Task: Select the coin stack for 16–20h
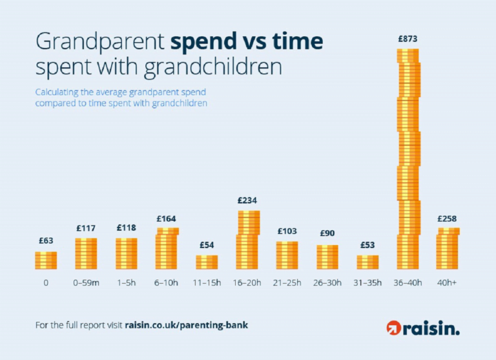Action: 247,240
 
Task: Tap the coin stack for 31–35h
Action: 368,262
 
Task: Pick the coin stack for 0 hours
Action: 46,260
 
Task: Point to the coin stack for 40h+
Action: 448,248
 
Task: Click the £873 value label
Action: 408,39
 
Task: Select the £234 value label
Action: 247,200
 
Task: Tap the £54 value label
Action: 207,245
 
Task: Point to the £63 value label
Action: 46,241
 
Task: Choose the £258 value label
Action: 448,218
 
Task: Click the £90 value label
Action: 327,233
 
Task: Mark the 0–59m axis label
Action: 86,282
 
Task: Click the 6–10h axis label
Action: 167,282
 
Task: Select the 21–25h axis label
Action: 287,282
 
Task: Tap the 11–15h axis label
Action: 207,282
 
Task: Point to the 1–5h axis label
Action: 127,282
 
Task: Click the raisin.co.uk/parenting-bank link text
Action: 186,325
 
